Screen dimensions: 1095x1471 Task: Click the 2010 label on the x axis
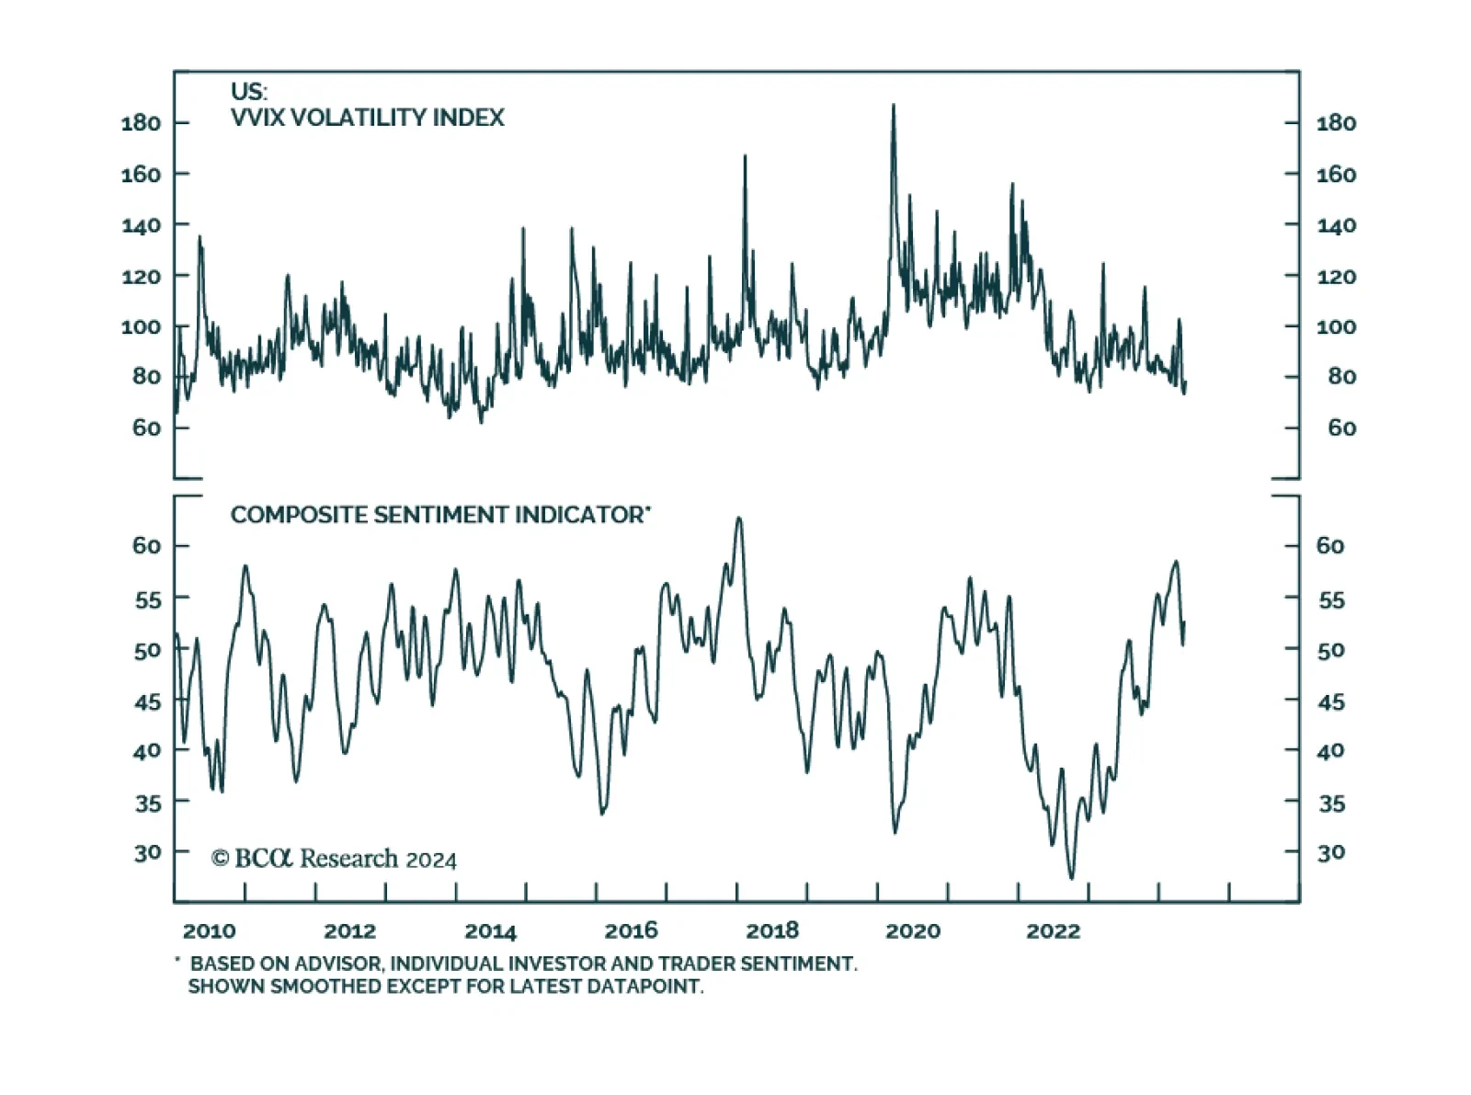point(209,930)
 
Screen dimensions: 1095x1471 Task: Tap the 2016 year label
point(631,930)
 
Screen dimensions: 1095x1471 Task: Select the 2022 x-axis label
point(1053,930)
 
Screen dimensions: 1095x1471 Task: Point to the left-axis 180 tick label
point(141,123)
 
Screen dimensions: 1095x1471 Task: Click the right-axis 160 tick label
point(1336,174)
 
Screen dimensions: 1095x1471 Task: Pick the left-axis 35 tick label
point(147,804)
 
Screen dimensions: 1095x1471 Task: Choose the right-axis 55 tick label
point(1331,600)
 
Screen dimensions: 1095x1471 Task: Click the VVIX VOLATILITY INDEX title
point(368,118)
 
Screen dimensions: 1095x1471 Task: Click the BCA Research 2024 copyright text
point(334,859)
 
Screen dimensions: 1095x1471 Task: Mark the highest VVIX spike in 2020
point(893,106)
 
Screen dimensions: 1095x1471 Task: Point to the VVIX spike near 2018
point(745,156)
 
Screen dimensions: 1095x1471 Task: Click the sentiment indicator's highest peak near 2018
point(738,519)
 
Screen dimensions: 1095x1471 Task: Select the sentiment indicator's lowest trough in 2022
point(1071,878)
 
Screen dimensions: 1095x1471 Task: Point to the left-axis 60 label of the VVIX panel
point(146,428)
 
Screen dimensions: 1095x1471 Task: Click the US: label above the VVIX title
point(249,92)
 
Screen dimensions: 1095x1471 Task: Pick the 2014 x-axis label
point(490,930)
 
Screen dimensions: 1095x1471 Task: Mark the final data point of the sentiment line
point(1184,623)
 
